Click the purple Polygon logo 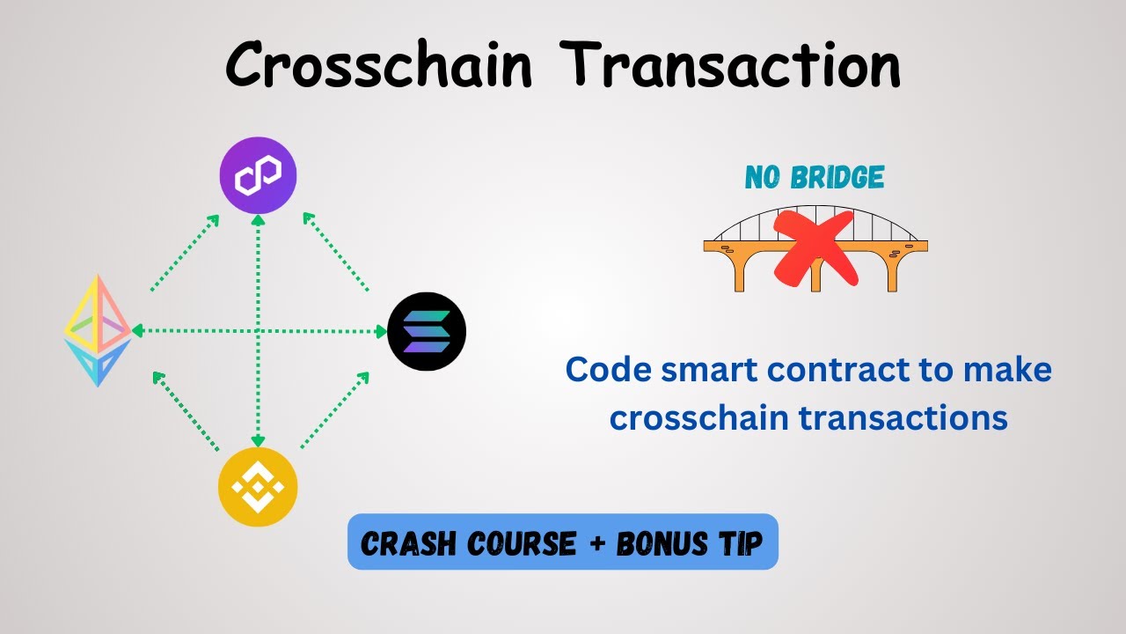pyautogui.click(x=258, y=176)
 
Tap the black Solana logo pyautogui.click(x=427, y=332)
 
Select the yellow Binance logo pyautogui.click(x=258, y=487)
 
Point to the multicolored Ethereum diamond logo pyautogui.click(x=97, y=331)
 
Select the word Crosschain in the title pyautogui.click(x=379, y=64)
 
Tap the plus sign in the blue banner pyautogui.click(x=596, y=543)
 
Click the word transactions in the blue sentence pyautogui.click(x=903, y=417)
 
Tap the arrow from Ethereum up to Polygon pyautogui.click(x=185, y=253)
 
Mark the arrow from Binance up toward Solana pyautogui.click(x=334, y=410)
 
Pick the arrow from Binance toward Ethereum pyautogui.click(x=186, y=411)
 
